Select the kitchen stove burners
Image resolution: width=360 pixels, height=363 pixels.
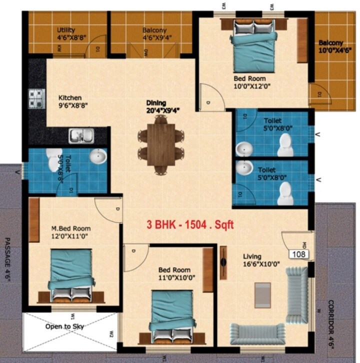36,98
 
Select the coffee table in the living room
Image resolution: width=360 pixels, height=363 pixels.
262,294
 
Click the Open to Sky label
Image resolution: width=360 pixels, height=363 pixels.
64,326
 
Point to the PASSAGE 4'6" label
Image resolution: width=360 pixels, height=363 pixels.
8,260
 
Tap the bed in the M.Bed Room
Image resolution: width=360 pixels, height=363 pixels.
71,274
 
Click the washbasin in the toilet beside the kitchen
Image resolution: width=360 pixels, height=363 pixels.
98,157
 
